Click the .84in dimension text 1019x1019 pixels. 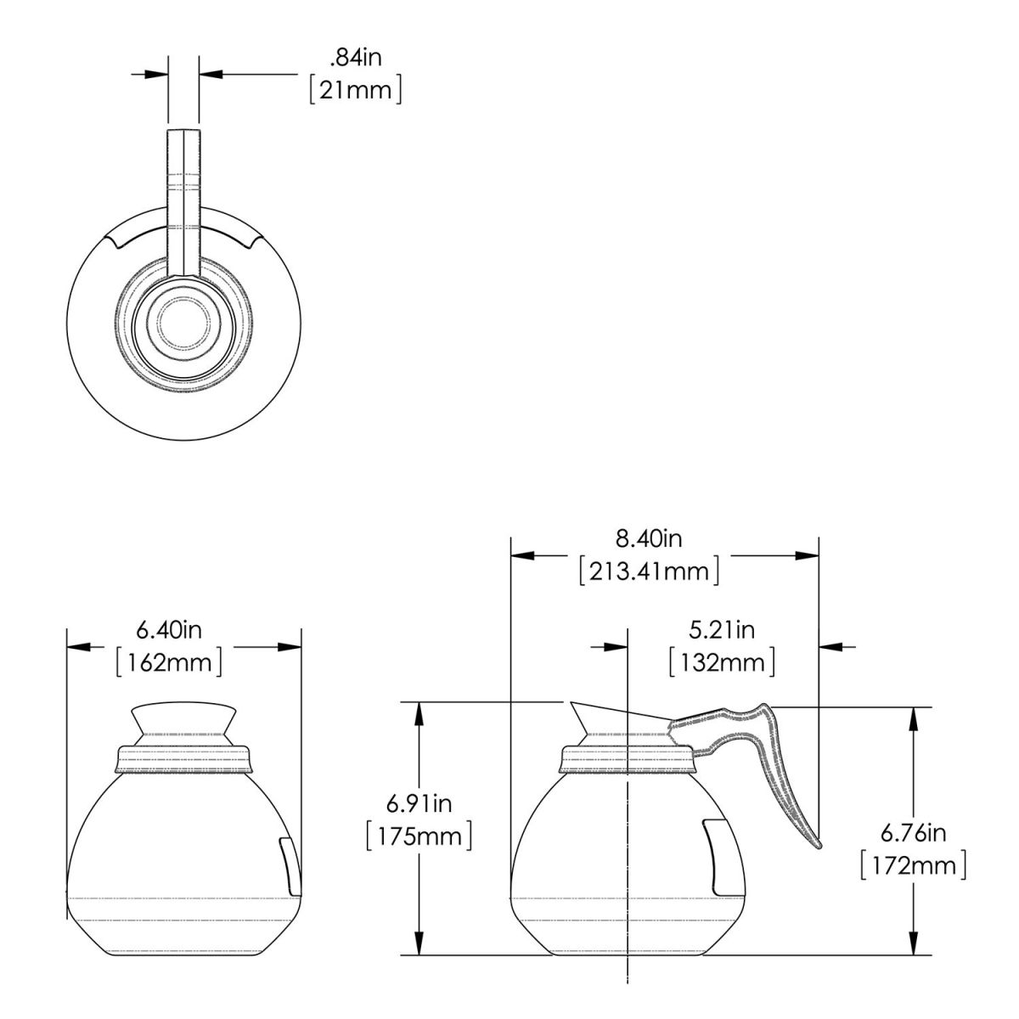click(x=355, y=57)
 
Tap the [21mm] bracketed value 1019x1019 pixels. click(x=355, y=90)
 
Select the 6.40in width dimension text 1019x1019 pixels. click(x=169, y=630)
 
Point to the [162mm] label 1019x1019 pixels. click(x=169, y=662)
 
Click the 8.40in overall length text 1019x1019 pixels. click(x=649, y=539)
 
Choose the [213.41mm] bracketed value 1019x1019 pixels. click(x=649, y=571)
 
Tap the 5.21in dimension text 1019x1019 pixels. click(x=722, y=630)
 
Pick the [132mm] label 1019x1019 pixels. click(x=722, y=662)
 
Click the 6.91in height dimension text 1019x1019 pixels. click(x=419, y=804)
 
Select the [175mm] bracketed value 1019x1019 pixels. click(x=419, y=837)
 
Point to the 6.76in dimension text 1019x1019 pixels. click(x=913, y=833)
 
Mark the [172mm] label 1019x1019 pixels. click(x=913, y=866)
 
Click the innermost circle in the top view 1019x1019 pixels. click(x=183, y=323)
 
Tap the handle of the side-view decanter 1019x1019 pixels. click(x=751, y=766)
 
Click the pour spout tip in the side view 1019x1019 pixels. click(x=571, y=702)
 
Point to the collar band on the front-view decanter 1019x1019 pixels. click(x=183, y=759)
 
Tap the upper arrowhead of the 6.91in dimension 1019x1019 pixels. click(x=419, y=712)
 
